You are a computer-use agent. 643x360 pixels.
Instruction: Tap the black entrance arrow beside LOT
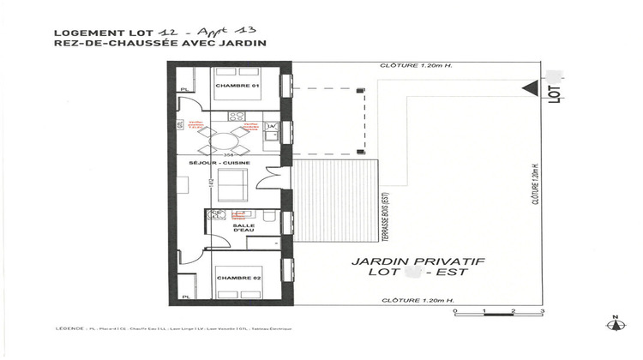pyautogui.click(x=532, y=87)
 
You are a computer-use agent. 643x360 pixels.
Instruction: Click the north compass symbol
pyautogui.click(x=614, y=324)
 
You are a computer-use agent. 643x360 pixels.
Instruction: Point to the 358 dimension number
pyautogui.click(x=228, y=155)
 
